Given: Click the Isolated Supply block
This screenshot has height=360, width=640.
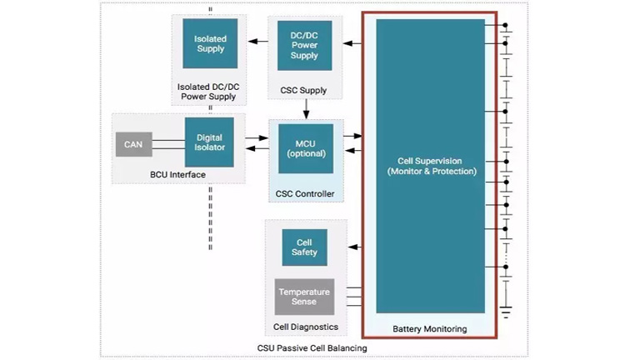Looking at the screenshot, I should pyautogui.click(x=210, y=43).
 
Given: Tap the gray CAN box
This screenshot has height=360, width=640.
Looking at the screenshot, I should pyautogui.click(x=133, y=145).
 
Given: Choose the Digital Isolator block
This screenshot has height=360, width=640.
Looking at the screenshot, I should pyautogui.click(x=208, y=142).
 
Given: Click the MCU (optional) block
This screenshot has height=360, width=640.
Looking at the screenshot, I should pyautogui.click(x=305, y=147).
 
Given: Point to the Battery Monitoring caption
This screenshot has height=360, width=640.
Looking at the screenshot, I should pyautogui.click(x=430, y=329).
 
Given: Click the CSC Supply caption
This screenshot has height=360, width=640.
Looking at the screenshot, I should pyautogui.click(x=304, y=90).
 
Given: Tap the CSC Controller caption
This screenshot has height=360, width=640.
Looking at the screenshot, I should pyautogui.click(x=305, y=194).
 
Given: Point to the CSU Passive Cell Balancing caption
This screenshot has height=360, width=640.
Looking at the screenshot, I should pyautogui.click(x=312, y=347).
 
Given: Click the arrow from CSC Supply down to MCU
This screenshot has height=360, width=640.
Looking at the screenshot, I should pyautogui.click(x=306, y=110).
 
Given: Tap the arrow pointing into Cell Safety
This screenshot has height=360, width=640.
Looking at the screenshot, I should pyautogui.click(x=354, y=247).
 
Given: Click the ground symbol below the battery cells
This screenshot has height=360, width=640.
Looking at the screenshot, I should pyautogui.click(x=506, y=312).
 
